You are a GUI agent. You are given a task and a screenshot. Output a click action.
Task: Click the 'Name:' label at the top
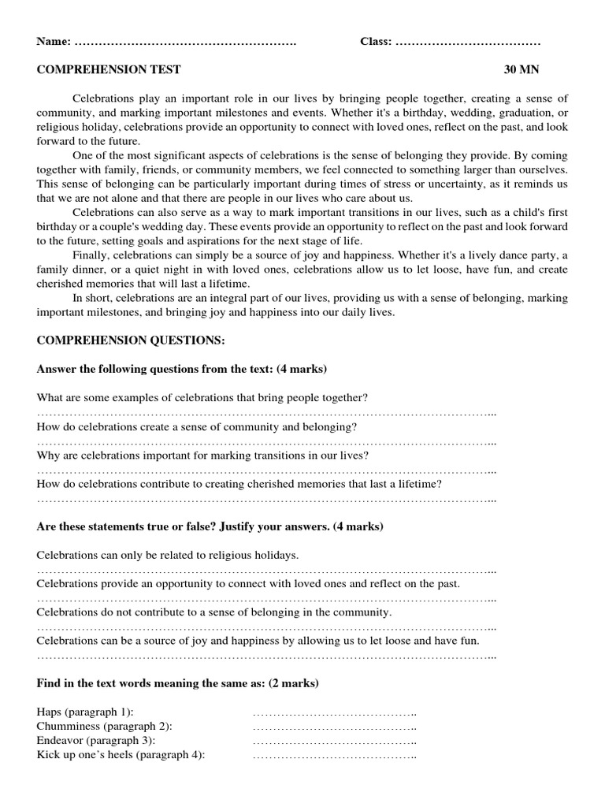coord(54,41)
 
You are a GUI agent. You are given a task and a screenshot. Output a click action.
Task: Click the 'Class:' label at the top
coord(376,41)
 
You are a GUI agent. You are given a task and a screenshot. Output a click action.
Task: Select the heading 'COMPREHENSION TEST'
coord(109,69)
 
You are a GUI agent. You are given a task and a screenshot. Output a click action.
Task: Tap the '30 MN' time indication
coord(521,69)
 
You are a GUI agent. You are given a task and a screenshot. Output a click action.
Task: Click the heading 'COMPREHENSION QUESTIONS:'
coord(130,340)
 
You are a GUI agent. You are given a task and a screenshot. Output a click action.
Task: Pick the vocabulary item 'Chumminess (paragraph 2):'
coord(104,726)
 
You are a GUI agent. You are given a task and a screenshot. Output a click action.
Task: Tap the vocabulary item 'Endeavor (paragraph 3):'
coord(96,740)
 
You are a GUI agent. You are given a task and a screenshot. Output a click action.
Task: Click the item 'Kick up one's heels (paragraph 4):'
coord(121,754)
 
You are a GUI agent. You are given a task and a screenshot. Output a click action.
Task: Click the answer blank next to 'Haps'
coord(334,713)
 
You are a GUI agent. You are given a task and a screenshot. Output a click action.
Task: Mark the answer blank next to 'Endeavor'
coord(334,742)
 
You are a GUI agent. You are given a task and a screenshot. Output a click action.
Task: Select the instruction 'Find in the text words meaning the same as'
coord(177,682)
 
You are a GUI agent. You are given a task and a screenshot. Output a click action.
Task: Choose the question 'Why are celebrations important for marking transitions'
coord(202,456)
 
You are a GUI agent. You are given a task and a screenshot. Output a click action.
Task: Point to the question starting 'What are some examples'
coord(202,397)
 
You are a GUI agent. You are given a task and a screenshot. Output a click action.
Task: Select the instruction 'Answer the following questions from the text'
coord(181,369)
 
